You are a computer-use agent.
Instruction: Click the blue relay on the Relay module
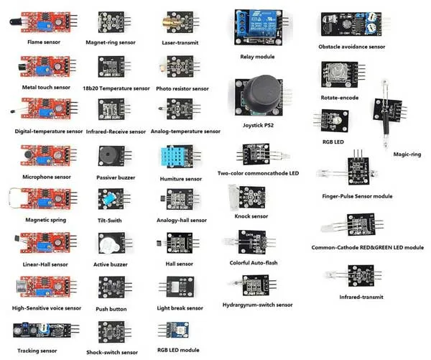[x=261, y=23]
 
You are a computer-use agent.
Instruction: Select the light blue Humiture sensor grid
[x=173, y=157]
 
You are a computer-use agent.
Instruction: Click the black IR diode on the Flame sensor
[x=16, y=22]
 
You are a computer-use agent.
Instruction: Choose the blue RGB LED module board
[x=178, y=330]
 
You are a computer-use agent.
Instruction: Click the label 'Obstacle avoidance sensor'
[x=351, y=47]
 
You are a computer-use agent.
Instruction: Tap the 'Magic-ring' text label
[x=407, y=154]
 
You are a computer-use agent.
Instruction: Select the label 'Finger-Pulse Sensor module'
[x=357, y=196]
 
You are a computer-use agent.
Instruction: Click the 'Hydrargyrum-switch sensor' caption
[x=257, y=305]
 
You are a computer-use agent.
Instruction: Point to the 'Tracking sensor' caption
[x=37, y=351]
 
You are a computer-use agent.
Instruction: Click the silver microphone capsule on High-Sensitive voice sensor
[x=22, y=287]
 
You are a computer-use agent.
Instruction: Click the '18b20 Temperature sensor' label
[x=116, y=88]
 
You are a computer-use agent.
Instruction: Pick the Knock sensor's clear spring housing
[x=233, y=197]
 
